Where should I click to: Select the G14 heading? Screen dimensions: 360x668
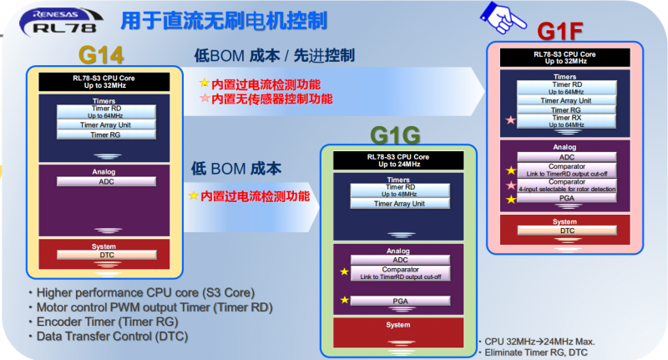tap(101, 55)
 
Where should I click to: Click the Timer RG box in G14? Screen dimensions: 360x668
tap(105, 134)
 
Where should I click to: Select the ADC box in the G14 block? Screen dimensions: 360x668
tap(105, 181)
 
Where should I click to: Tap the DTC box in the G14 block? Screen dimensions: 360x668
tap(105, 255)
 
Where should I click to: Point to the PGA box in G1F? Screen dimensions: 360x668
tap(567, 199)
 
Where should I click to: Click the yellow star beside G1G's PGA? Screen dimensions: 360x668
tap(343, 300)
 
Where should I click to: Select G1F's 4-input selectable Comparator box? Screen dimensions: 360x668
tap(567, 185)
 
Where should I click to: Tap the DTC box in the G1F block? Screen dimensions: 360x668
tap(567, 230)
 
